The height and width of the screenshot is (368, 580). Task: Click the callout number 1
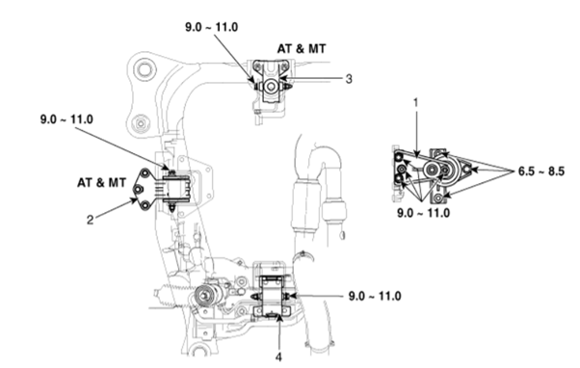click(x=416, y=102)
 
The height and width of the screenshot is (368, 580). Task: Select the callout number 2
click(x=91, y=220)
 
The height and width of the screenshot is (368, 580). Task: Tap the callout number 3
click(x=349, y=79)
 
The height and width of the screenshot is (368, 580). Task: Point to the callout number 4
click(x=278, y=357)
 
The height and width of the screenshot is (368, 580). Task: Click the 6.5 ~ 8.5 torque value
click(x=541, y=171)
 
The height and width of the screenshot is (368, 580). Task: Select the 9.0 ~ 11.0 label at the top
click(x=212, y=27)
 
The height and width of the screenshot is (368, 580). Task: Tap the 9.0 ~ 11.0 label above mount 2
click(x=66, y=119)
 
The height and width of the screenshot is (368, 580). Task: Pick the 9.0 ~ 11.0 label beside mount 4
click(x=375, y=297)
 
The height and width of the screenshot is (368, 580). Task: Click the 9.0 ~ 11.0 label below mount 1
click(x=424, y=213)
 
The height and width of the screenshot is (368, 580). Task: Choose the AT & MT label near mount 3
click(x=302, y=48)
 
